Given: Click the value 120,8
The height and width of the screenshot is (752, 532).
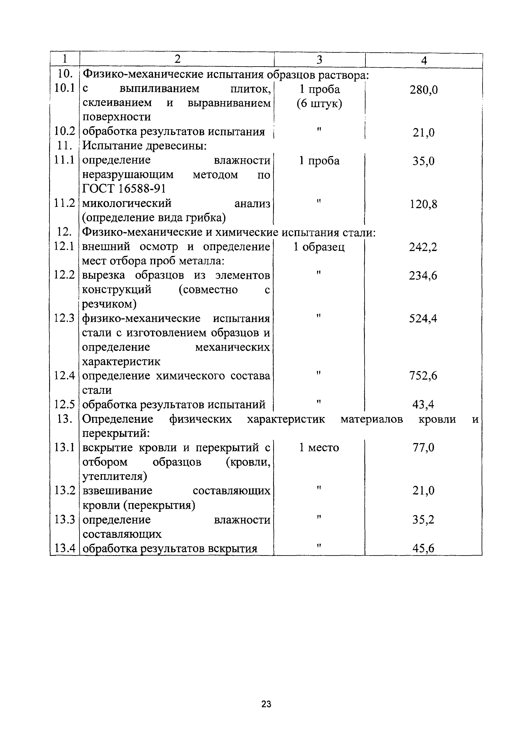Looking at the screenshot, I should coord(423,204).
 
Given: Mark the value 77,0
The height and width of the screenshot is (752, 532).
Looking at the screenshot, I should coord(423,447).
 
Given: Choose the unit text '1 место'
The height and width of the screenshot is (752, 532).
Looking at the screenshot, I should coord(319,447).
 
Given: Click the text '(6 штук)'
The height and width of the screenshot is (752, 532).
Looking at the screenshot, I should coord(319,104).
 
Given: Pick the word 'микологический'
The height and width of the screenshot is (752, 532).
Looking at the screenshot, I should coord(127,203).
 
